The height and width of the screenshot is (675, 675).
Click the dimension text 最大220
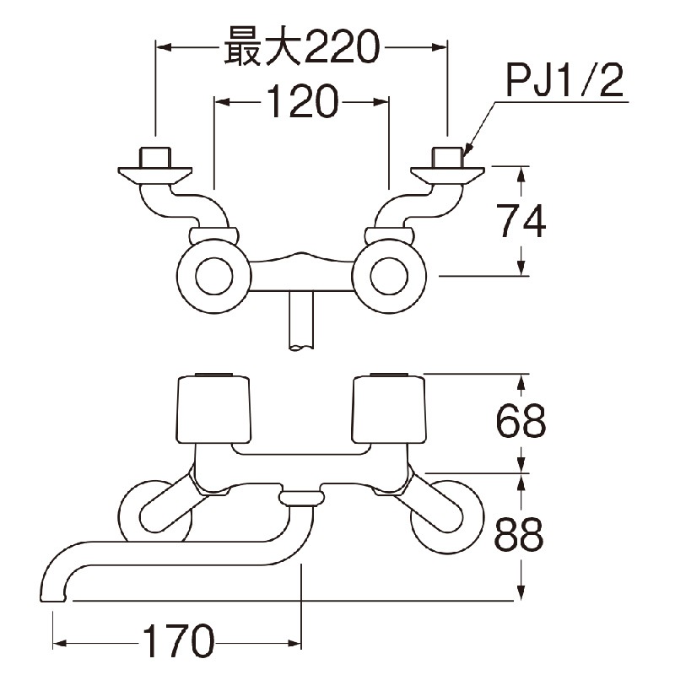tap(302, 47)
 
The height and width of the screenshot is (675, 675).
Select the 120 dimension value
tap(301, 102)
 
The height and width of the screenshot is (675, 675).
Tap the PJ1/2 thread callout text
tap(564, 82)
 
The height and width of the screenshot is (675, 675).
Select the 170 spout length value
tap(178, 642)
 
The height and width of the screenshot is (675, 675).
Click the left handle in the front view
tap(214, 409)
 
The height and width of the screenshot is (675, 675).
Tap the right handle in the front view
tap(389, 409)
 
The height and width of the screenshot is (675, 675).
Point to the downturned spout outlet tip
tap(53, 597)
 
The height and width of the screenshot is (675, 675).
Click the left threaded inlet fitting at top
tap(155, 157)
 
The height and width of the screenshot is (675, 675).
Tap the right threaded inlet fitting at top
tap(448, 157)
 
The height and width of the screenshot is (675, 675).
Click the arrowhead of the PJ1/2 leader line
tap(467, 148)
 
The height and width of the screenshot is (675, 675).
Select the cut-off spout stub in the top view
tap(301, 321)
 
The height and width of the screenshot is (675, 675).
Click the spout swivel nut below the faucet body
tap(300, 499)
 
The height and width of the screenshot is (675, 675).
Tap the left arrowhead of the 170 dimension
tap(59, 644)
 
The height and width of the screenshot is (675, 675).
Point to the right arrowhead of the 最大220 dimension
tap(440, 47)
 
